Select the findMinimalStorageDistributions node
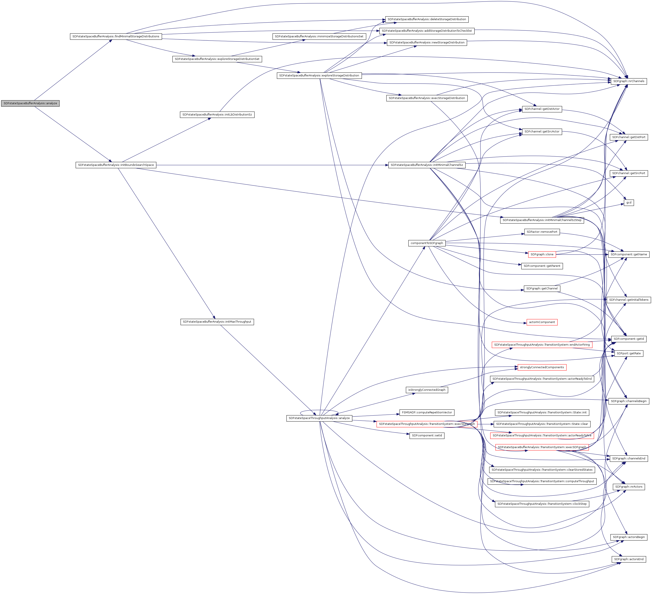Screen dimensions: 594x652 tap(116, 36)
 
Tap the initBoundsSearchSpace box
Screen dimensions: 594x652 tap(116, 165)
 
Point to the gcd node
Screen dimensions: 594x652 tap(628, 203)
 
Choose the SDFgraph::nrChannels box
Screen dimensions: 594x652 tap(628, 81)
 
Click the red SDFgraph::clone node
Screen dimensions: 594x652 tap(542, 255)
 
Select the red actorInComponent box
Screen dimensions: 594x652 tap(542, 322)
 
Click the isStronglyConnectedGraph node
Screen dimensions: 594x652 tap(427, 390)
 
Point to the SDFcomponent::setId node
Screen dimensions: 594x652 tap(427, 436)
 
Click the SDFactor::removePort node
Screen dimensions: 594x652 tap(542, 232)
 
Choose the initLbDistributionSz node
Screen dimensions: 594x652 tap(217, 115)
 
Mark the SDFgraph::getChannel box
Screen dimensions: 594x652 tap(542, 289)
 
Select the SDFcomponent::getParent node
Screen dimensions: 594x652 tap(542, 266)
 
